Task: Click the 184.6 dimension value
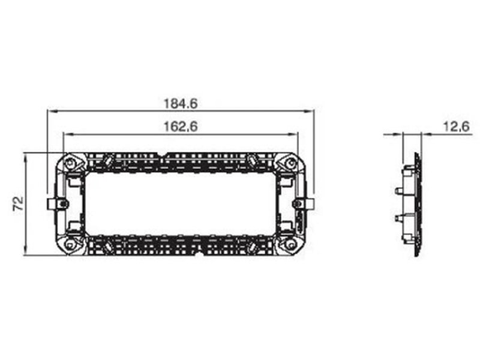(181, 103)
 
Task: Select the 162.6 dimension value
(181, 127)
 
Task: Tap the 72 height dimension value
(19, 203)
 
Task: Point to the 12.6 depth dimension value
(457, 127)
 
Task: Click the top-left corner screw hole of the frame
(71, 163)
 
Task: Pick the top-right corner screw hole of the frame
(290, 163)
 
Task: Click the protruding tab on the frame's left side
(52, 203)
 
